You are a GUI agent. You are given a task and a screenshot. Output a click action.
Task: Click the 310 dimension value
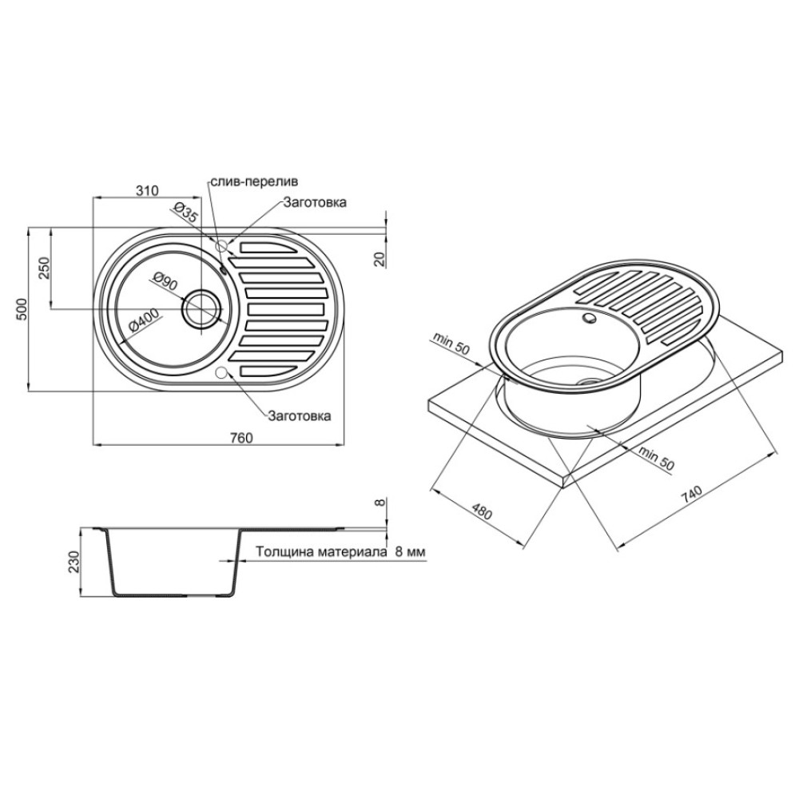tap(148, 191)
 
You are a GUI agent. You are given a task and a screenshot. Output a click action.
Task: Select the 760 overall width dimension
tap(241, 438)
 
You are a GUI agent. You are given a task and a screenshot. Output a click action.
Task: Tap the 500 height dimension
tap(21, 309)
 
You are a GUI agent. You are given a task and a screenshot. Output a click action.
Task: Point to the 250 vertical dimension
tap(44, 267)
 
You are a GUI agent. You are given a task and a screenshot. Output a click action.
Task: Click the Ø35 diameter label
tap(185, 212)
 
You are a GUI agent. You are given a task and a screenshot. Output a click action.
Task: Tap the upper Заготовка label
tap(315, 202)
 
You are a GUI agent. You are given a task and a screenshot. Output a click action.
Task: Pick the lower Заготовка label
tap(300, 415)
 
